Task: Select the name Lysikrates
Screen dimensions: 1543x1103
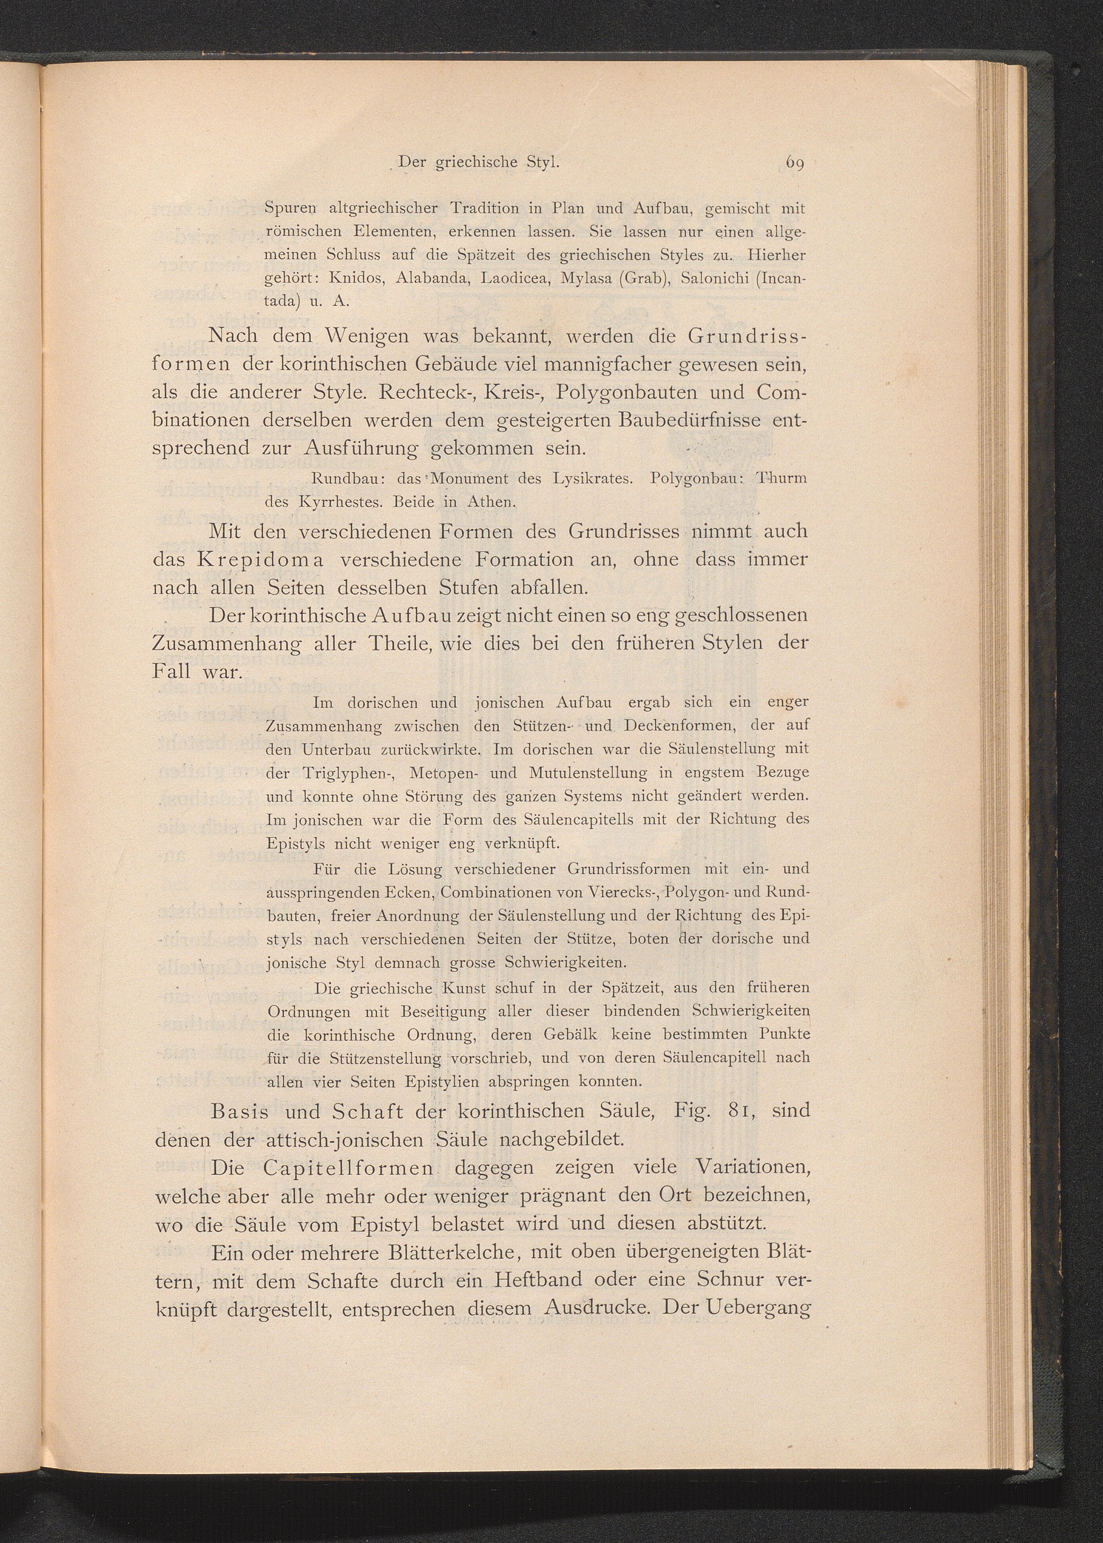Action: pos(592,478)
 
